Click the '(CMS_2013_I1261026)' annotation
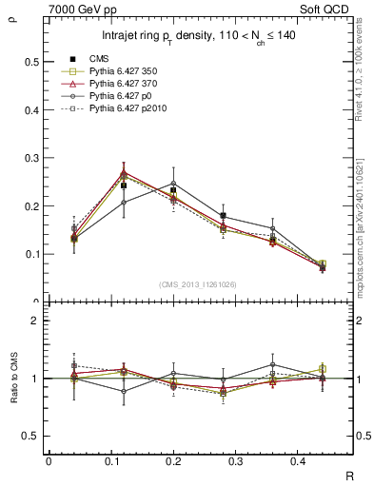(x=197, y=284)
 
